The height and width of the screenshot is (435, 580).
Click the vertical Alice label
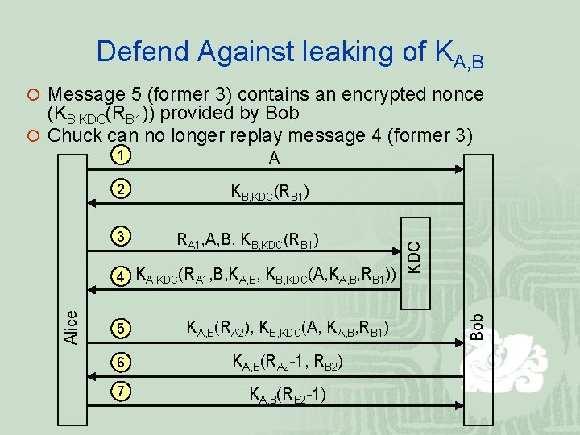(x=72, y=328)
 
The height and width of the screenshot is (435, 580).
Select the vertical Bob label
(x=478, y=326)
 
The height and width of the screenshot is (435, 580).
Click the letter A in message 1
(x=274, y=159)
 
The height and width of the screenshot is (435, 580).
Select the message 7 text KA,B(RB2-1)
(x=287, y=396)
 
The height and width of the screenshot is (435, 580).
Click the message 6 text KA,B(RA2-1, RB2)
(x=288, y=364)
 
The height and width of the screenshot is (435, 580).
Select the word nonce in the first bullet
(x=456, y=95)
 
